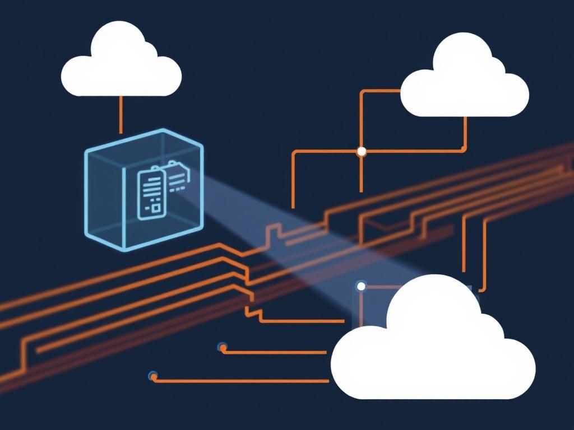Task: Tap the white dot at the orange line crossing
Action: (362, 151)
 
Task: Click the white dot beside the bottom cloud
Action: (361, 287)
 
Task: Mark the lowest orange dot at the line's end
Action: (153, 376)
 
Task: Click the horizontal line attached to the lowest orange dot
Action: (241, 381)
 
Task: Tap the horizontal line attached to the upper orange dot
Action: (275, 353)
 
